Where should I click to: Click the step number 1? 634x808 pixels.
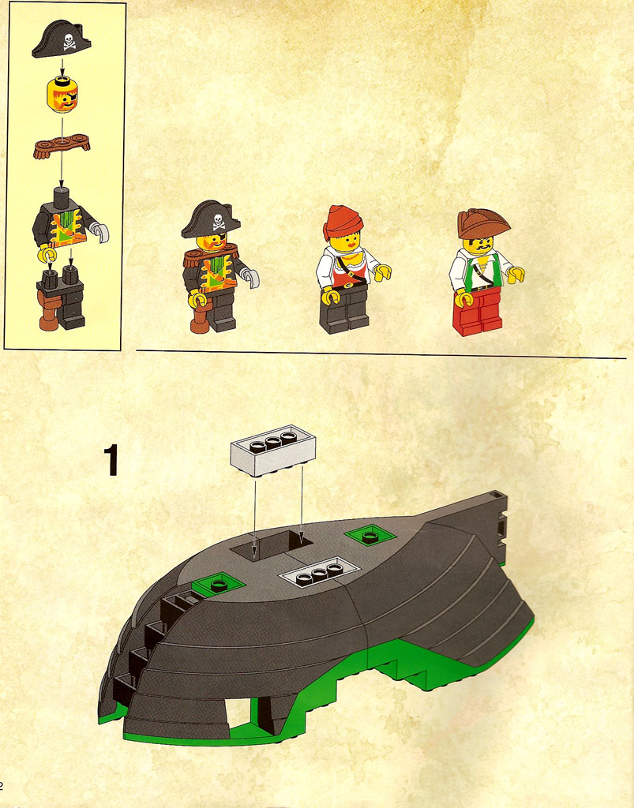coord(111,460)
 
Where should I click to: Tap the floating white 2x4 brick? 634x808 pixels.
coord(272,451)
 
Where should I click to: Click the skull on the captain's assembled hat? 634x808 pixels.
coord(219,221)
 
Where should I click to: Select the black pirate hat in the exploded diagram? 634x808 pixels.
coord(62,39)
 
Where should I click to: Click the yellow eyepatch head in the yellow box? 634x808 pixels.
coord(62,95)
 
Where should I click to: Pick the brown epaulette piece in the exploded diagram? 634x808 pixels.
coord(62,145)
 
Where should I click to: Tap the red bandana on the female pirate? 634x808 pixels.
coord(342,222)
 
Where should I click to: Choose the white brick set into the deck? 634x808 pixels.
coord(318,572)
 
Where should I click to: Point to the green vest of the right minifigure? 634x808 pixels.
coord(482,272)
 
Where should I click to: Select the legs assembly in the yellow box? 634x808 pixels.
coord(60,297)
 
